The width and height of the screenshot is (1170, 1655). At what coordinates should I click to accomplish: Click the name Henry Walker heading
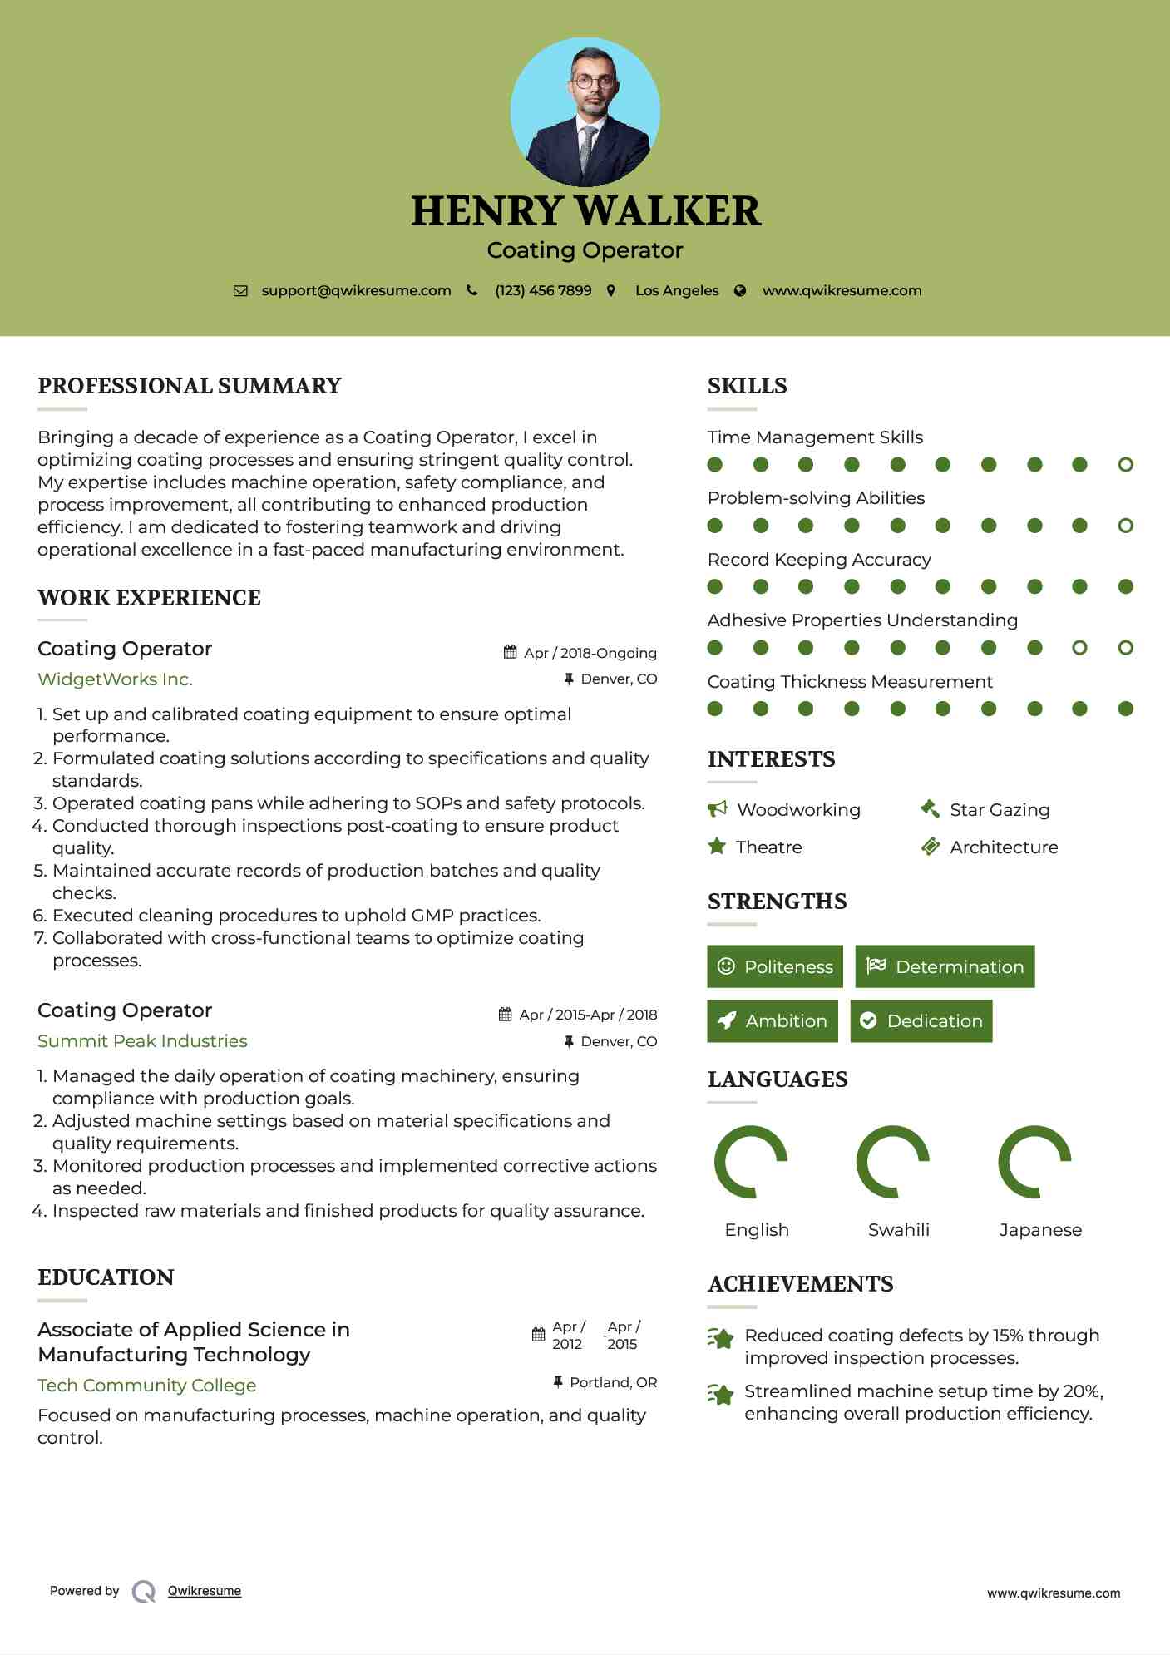(585, 211)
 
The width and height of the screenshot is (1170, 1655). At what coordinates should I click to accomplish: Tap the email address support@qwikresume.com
(356, 291)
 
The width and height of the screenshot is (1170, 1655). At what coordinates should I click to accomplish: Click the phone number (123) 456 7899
(543, 291)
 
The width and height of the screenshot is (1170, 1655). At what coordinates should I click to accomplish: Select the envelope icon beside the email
(240, 291)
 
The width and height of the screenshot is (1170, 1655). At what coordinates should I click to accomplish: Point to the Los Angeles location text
(677, 291)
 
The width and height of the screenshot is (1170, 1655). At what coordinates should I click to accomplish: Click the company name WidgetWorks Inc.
(115, 679)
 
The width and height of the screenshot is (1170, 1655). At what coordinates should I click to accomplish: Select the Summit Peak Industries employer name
(142, 1041)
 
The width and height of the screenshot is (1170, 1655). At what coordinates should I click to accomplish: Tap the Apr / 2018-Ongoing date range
(590, 653)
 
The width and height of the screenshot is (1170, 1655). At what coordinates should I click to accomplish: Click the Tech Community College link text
(146, 1386)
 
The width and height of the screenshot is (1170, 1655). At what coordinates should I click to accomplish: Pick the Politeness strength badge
(775, 966)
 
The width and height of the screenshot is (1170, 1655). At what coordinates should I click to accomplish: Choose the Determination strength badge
(945, 966)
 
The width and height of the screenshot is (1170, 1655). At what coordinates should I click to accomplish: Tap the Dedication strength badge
(921, 1021)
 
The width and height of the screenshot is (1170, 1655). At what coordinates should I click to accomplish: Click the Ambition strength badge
(773, 1021)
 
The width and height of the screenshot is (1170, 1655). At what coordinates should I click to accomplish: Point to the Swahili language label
(898, 1230)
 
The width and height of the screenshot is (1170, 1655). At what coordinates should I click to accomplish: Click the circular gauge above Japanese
(1034, 1162)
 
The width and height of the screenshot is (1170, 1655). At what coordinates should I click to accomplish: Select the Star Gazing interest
(1000, 810)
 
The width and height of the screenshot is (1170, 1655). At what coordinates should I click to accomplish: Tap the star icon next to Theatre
(717, 847)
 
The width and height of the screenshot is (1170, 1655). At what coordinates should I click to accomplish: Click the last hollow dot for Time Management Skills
(1125, 465)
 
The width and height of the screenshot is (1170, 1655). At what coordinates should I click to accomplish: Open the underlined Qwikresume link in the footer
(205, 1591)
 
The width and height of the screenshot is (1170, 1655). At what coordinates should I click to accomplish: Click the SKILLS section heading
(747, 386)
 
